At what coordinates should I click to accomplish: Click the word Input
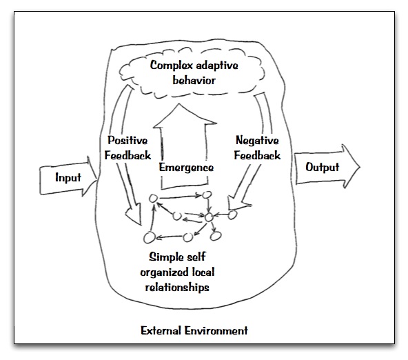pyautogui.click(x=68, y=178)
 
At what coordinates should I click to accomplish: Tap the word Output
pyautogui.click(x=322, y=167)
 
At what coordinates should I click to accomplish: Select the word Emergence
pyautogui.click(x=186, y=168)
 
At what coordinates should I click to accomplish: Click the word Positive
pyautogui.click(x=127, y=140)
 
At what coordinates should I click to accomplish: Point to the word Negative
pyautogui.click(x=257, y=140)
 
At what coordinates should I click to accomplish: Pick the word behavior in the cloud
pyautogui.click(x=194, y=80)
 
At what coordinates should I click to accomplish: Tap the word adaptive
pyautogui.click(x=216, y=66)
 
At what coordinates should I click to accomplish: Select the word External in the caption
pyautogui.click(x=161, y=330)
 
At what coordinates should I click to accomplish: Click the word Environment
pyautogui.click(x=216, y=330)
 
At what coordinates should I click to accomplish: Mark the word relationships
pyautogui.click(x=177, y=288)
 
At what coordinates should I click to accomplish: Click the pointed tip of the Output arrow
pyautogui.click(x=360, y=167)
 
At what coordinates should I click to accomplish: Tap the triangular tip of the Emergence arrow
pyautogui.click(x=178, y=104)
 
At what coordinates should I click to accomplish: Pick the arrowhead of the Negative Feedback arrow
pyautogui.click(x=237, y=203)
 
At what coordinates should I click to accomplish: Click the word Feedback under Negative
pyautogui.click(x=257, y=155)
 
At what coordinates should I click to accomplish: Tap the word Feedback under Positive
pyautogui.click(x=127, y=155)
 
